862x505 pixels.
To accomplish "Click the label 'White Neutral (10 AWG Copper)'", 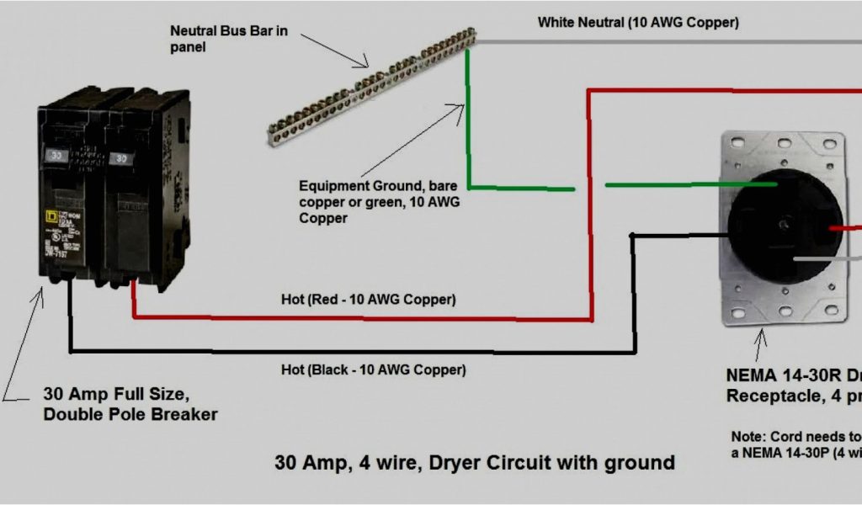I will tap(638, 23).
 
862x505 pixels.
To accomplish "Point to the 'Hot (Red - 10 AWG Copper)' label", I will tap(369, 300).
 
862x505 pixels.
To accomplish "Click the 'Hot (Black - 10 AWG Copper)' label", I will tap(373, 369).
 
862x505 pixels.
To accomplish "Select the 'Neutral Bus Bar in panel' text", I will tap(229, 39).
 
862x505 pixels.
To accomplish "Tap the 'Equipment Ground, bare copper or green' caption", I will tap(380, 201).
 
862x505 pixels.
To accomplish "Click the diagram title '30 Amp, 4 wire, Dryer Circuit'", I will tap(475, 462).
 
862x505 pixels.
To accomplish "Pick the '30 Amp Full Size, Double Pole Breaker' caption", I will tap(130, 404).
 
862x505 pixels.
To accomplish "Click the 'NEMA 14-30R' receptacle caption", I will tap(791, 384).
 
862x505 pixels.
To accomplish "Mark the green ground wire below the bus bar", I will tap(469, 126).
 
